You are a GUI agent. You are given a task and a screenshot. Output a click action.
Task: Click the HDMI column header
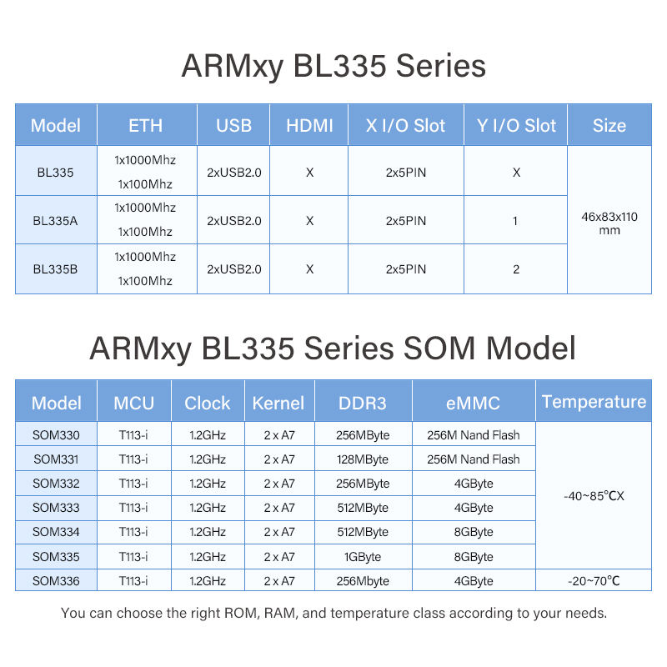click(309, 126)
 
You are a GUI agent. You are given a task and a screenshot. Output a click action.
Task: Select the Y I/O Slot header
click(516, 126)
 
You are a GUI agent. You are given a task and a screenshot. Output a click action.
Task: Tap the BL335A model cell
click(55, 221)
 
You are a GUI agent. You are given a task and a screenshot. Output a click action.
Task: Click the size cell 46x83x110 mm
click(609, 223)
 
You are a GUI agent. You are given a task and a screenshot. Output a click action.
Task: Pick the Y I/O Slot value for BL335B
click(516, 269)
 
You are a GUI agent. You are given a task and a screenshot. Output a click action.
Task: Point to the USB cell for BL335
click(234, 173)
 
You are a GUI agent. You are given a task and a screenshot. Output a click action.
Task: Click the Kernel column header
click(278, 403)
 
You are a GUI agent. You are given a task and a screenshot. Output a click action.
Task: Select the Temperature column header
click(594, 402)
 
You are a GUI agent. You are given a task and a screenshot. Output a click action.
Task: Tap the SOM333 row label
click(56, 508)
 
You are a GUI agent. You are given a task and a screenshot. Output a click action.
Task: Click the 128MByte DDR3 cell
click(363, 459)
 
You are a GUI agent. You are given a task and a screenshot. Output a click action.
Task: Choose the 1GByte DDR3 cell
click(363, 556)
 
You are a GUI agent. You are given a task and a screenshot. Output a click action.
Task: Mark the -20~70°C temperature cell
click(594, 580)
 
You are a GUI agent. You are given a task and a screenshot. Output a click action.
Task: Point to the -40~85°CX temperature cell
click(594, 495)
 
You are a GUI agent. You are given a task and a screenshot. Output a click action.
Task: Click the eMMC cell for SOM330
click(474, 434)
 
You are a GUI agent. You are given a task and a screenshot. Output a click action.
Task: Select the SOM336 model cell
click(56, 580)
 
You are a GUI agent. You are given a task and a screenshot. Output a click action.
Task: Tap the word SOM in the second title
click(439, 348)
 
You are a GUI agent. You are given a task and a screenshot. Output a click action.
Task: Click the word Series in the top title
click(441, 66)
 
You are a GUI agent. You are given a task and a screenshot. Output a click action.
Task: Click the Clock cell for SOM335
click(208, 556)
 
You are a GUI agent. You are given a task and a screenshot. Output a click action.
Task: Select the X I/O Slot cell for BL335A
click(406, 221)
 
